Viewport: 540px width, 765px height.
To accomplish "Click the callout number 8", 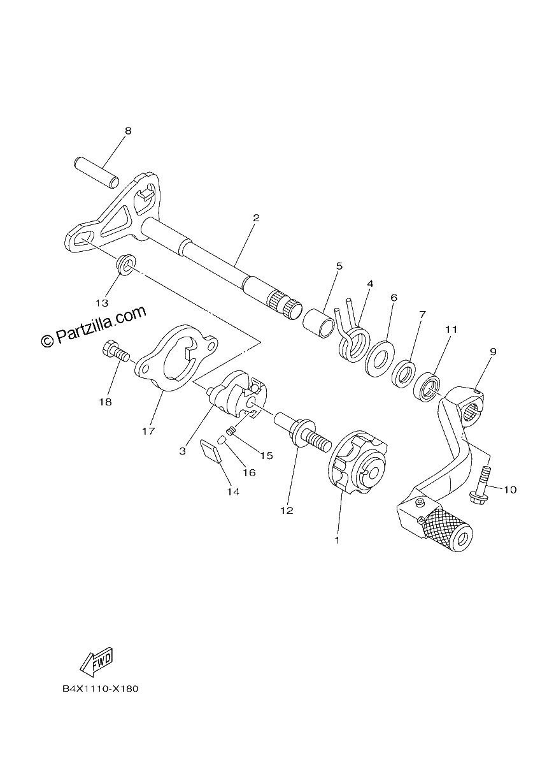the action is click(x=128, y=131).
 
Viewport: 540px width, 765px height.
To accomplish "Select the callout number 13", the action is click(x=102, y=303).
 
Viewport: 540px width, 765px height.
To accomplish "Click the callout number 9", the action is click(x=494, y=351).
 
